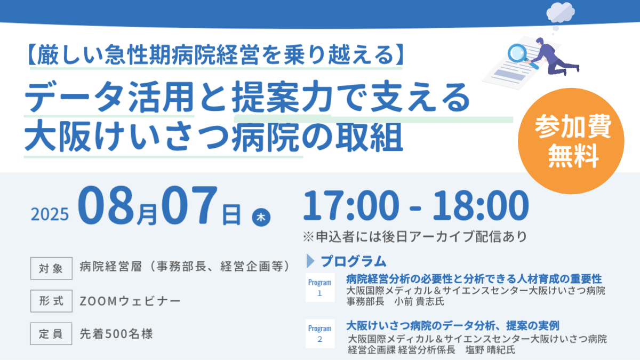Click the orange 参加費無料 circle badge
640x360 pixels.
coord(571,141)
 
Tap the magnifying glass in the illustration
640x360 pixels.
coord(521,55)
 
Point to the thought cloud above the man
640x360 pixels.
coord(561,12)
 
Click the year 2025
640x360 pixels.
coord(50,214)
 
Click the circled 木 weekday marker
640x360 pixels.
coord(261,217)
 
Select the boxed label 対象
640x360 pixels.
coord(51,268)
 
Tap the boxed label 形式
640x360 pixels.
coord(51,301)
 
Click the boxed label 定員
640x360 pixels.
coord(51,334)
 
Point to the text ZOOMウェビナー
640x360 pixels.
coord(130,301)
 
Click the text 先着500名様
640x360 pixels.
coord(116,334)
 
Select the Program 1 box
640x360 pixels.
coord(319,287)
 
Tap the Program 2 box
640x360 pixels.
coord(319,334)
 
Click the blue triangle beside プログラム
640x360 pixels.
coord(310,261)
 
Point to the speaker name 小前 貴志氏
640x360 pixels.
coord(419,301)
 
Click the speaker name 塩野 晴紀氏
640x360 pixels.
coord(490,350)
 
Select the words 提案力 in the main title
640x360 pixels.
coord(282,97)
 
